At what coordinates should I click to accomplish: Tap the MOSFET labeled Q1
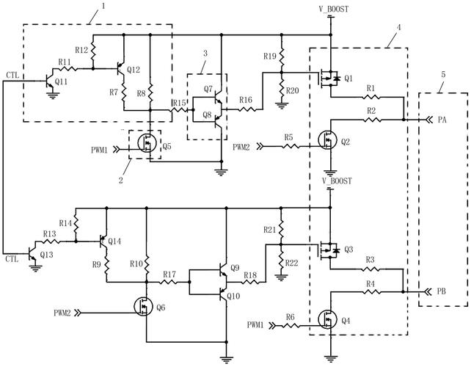pos(328,76)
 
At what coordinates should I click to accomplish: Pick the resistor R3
pos(370,269)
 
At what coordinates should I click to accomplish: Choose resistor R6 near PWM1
pos(291,324)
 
